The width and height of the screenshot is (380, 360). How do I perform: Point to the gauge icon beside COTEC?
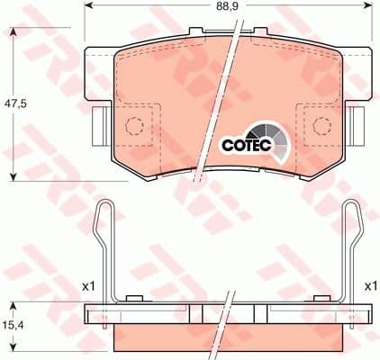276,136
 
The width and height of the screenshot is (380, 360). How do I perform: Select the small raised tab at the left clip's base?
134,299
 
